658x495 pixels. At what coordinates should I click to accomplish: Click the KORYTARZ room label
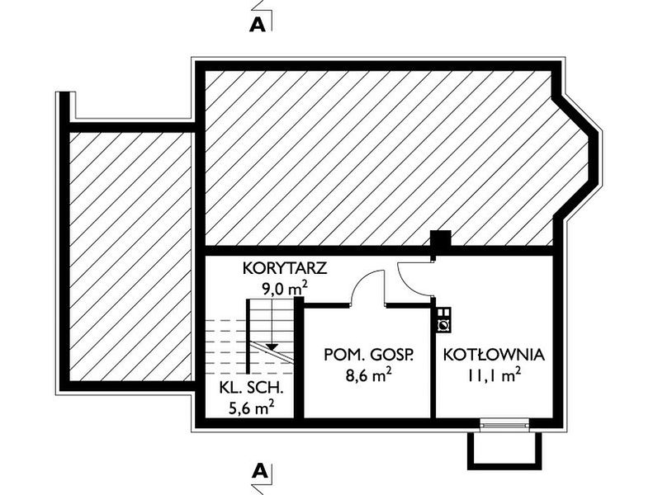pos(285,268)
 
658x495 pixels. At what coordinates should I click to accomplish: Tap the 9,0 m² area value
pos(285,289)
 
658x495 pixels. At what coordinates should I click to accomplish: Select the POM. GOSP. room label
pos(369,355)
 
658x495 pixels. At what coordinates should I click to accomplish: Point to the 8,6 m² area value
pos(369,375)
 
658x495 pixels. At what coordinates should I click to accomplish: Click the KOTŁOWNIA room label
pos(495,355)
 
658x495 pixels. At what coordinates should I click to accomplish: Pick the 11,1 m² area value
pos(495,375)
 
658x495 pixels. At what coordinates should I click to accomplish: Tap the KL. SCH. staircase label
pos(251,388)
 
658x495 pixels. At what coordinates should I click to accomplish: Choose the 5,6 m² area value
pos(251,408)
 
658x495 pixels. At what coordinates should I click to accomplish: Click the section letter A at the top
pos(258,26)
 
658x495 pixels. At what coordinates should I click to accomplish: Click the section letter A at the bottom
pos(260,471)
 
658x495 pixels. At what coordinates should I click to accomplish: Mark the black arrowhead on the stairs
pos(272,346)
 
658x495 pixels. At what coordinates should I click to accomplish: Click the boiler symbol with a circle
pos(443,326)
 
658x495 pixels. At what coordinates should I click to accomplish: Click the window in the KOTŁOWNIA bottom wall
pos(504,425)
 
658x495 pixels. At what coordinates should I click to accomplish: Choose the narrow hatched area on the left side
pos(130,257)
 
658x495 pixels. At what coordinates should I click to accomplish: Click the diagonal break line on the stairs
pos(272,351)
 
